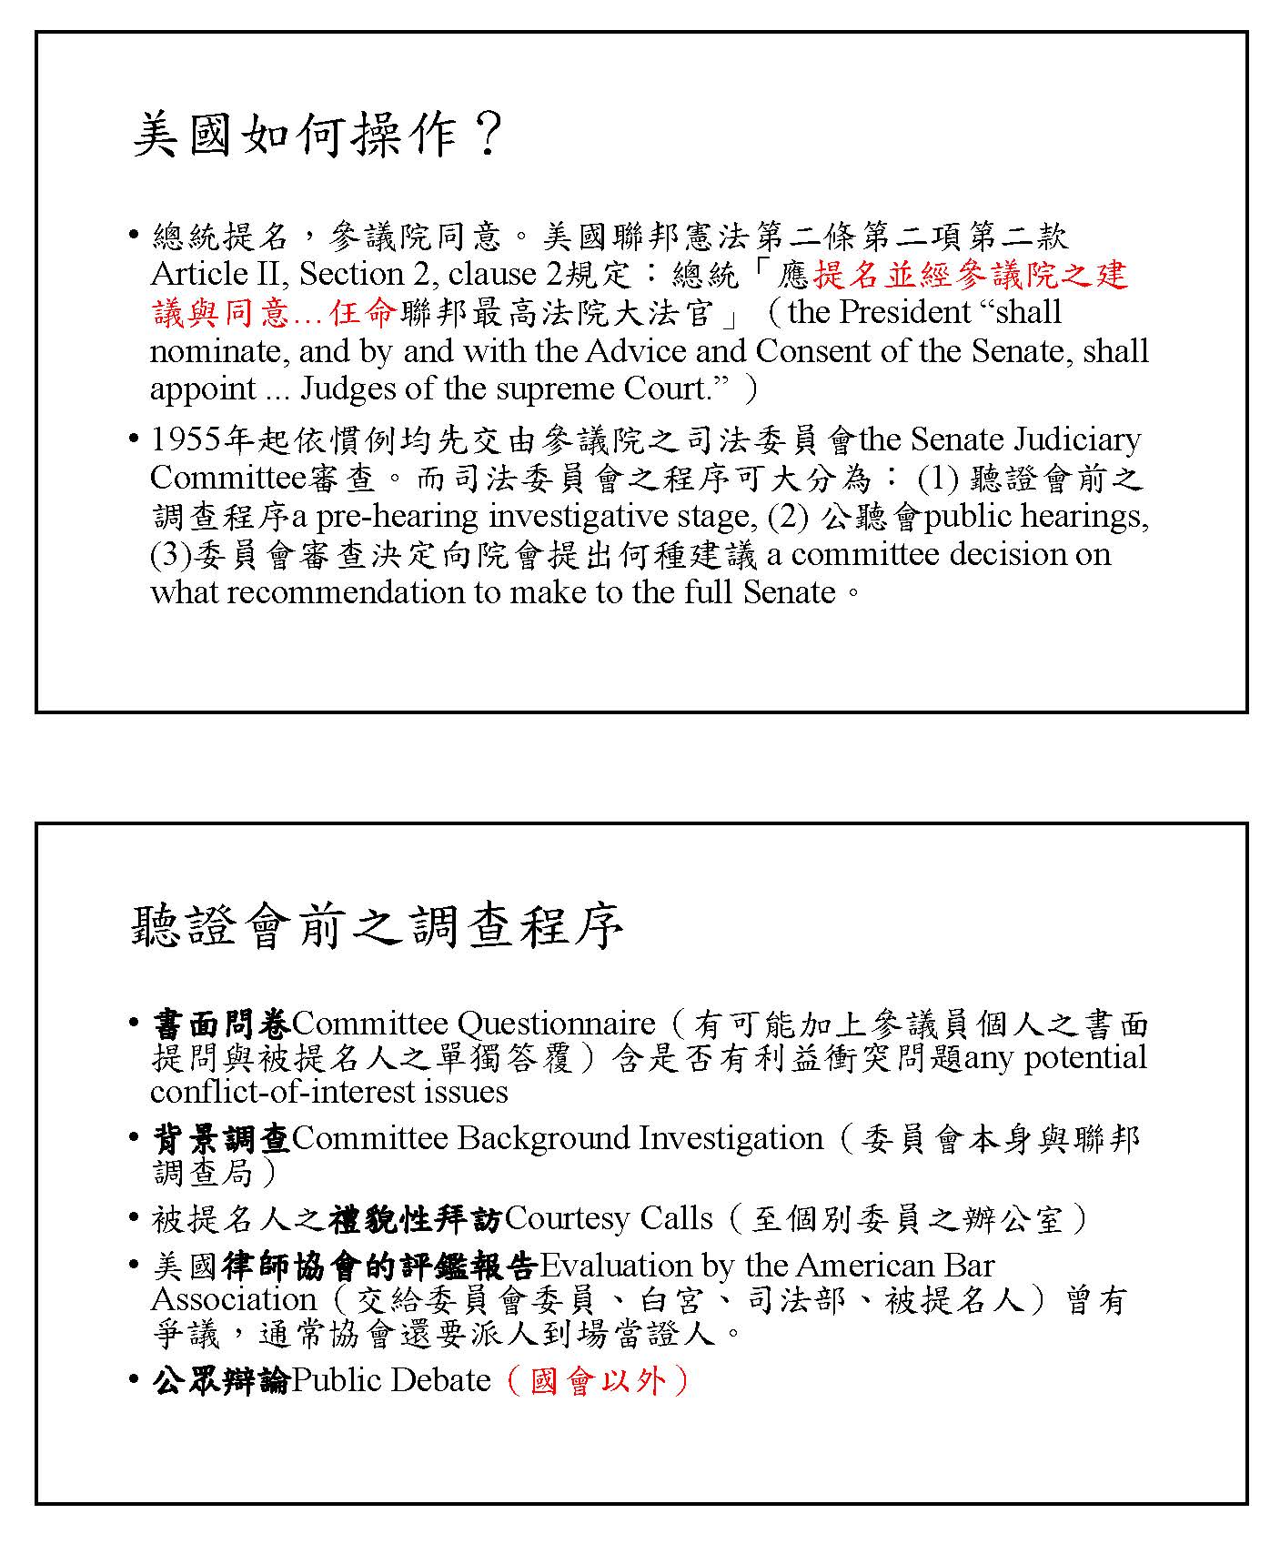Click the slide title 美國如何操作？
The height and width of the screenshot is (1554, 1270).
point(317,136)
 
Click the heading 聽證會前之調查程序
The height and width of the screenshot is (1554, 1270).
point(377,927)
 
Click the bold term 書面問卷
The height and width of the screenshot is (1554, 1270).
point(221,1024)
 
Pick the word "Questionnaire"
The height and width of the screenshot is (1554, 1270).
point(556,1024)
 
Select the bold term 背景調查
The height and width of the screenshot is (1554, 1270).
point(221,1138)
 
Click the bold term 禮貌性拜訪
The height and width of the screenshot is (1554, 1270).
point(416,1219)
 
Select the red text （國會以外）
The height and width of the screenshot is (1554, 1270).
point(597,1380)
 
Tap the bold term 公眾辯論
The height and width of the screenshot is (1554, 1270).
point(221,1380)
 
